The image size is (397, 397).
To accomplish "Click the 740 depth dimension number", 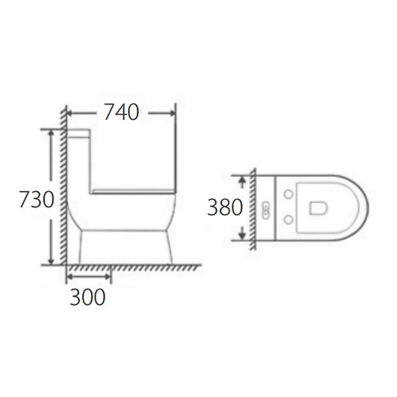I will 121,112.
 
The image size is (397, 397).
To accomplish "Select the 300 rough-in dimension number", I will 87,297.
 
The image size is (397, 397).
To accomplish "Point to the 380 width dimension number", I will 225,207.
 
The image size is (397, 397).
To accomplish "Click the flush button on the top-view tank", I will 266,208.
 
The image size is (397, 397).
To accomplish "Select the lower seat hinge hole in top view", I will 288,221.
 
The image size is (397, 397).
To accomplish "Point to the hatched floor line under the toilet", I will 134,268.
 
